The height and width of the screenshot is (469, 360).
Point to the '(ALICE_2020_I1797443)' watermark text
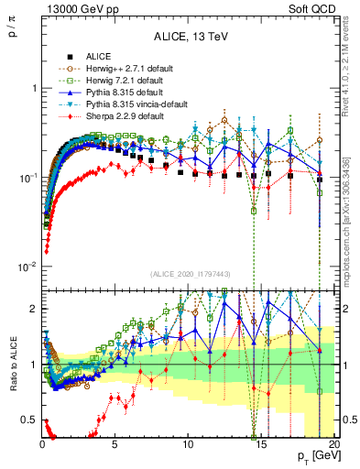tap(191, 274)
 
